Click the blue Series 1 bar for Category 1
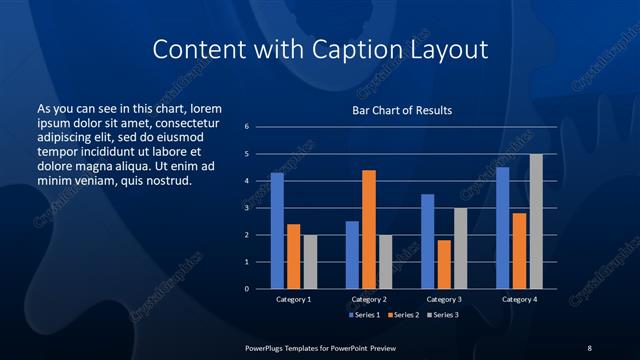tap(277, 231)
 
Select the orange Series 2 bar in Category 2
tap(368, 229)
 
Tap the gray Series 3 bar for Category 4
tap(536, 221)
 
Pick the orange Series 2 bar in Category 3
tap(443, 264)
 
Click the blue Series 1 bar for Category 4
tap(502, 228)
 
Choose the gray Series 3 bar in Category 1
tap(310, 262)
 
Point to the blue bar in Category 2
tap(352, 255)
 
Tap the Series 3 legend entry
tap(442, 315)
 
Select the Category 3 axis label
tap(443, 299)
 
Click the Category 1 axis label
tap(293, 299)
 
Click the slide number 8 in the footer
tap(589, 347)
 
